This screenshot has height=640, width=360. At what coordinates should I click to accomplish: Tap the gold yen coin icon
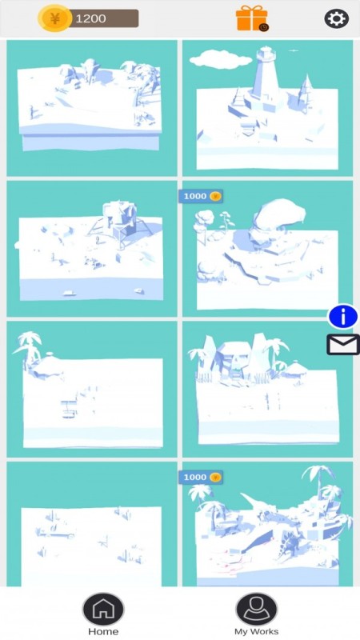click(54, 18)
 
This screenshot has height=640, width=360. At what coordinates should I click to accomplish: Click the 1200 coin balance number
click(90, 18)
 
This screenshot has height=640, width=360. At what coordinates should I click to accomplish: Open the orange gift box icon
click(252, 18)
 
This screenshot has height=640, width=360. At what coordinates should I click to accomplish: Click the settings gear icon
click(336, 18)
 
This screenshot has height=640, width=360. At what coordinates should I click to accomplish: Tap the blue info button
click(343, 316)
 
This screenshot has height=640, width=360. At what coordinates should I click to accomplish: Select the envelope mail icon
click(343, 345)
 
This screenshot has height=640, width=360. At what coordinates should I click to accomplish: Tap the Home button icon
click(103, 609)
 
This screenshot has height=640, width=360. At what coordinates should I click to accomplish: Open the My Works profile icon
click(256, 609)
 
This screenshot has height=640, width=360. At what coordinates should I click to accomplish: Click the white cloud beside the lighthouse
click(221, 59)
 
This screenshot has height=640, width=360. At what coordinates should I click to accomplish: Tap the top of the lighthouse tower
click(266, 54)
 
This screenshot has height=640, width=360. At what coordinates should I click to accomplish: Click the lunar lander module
click(119, 222)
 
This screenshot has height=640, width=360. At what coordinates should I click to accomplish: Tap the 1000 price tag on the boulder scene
click(201, 196)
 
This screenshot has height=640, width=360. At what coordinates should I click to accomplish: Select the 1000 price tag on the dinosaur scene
click(201, 477)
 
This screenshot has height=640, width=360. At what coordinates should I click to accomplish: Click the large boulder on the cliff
click(279, 216)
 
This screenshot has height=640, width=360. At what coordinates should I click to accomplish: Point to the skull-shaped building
click(234, 358)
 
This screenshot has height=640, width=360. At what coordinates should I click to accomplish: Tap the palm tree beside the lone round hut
click(28, 347)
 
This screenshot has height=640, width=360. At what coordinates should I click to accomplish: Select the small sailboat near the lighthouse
click(306, 89)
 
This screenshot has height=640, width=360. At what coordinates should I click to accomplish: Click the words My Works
click(256, 632)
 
